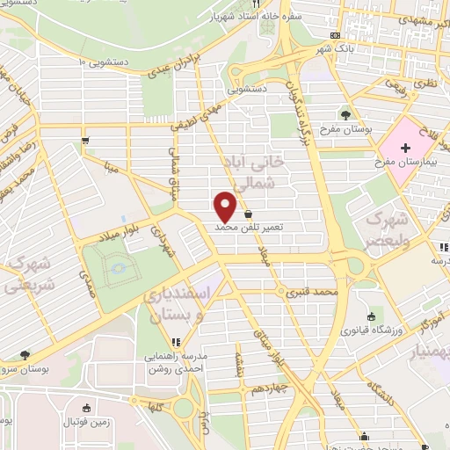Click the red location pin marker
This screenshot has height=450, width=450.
[226, 207]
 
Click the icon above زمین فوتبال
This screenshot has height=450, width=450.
[86, 408]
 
